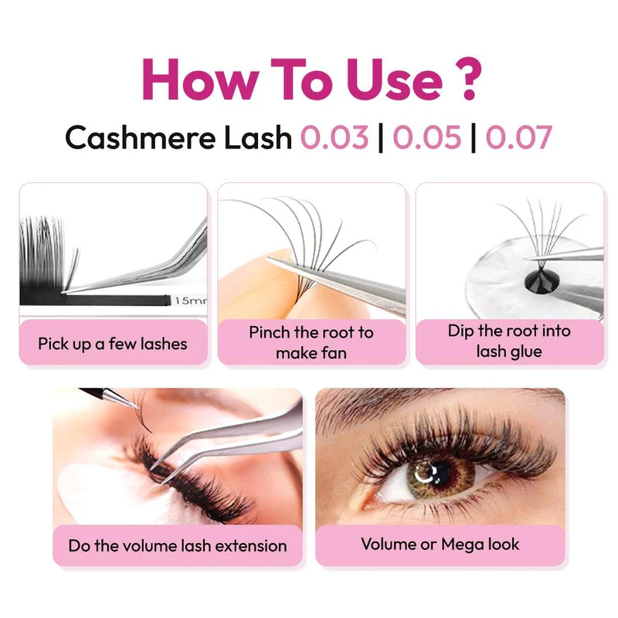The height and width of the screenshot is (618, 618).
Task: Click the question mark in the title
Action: coord(468,79)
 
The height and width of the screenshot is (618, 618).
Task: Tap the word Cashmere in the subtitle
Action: coord(141,138)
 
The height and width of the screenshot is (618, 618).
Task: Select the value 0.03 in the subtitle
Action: coord(334,138)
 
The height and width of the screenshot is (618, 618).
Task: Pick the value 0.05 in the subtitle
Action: coord(427,138)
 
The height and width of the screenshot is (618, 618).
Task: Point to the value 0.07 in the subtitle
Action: coord(518,138)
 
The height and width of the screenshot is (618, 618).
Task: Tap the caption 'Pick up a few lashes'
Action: coord(113,344)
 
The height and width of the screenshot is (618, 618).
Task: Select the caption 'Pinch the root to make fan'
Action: coord(311,342)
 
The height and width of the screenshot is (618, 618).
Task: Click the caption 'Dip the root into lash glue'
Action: coord(509,341)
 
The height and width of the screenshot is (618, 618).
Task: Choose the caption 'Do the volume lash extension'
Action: coord(178,546)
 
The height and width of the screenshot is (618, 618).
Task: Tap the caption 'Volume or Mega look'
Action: coord(440,545)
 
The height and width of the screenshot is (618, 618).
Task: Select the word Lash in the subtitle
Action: coord(258,138)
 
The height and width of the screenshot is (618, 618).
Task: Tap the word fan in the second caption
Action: coord(333,353)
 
